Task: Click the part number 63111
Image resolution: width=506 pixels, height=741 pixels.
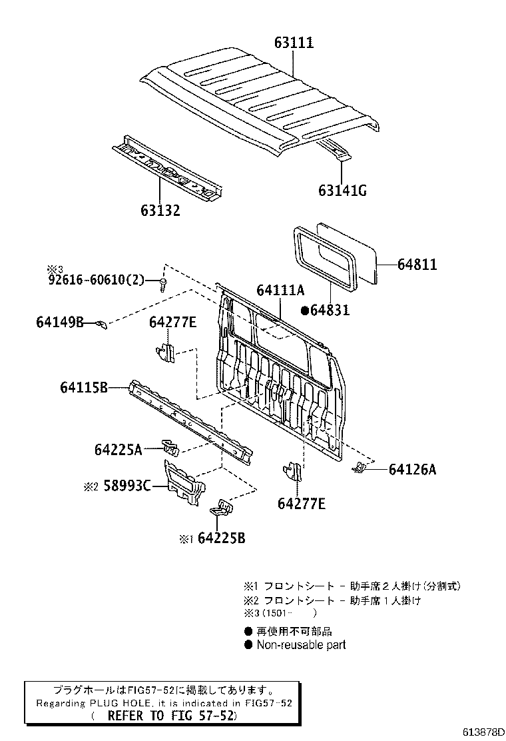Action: pos(294,43)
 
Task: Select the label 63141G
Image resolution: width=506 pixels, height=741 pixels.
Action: pos(342,191)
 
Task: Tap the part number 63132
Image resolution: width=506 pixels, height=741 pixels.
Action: pos(160,211)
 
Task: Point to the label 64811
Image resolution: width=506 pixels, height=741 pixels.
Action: pos(417,265)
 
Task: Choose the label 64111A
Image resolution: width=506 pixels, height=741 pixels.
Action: pos(280,290)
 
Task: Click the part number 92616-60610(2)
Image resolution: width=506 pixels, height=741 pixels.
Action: pos(96,280)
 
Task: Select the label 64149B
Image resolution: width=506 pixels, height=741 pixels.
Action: pos(60,323)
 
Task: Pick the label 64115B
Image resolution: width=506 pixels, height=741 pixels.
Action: pos(84,386)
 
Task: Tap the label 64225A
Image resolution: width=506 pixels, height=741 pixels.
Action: pos(118,450)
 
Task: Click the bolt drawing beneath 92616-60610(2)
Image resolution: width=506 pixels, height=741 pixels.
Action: pos(162,285)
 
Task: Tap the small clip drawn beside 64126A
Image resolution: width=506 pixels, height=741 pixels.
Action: pos(360,468)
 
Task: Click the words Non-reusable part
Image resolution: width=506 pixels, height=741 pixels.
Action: pos(301,645)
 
